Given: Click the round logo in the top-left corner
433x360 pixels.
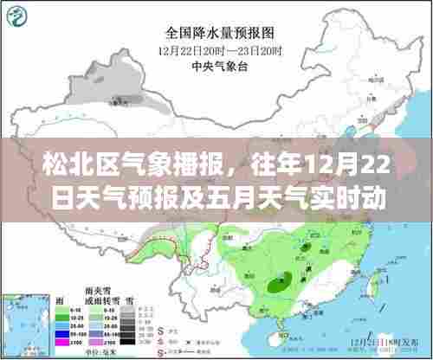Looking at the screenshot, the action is point(17,17).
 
